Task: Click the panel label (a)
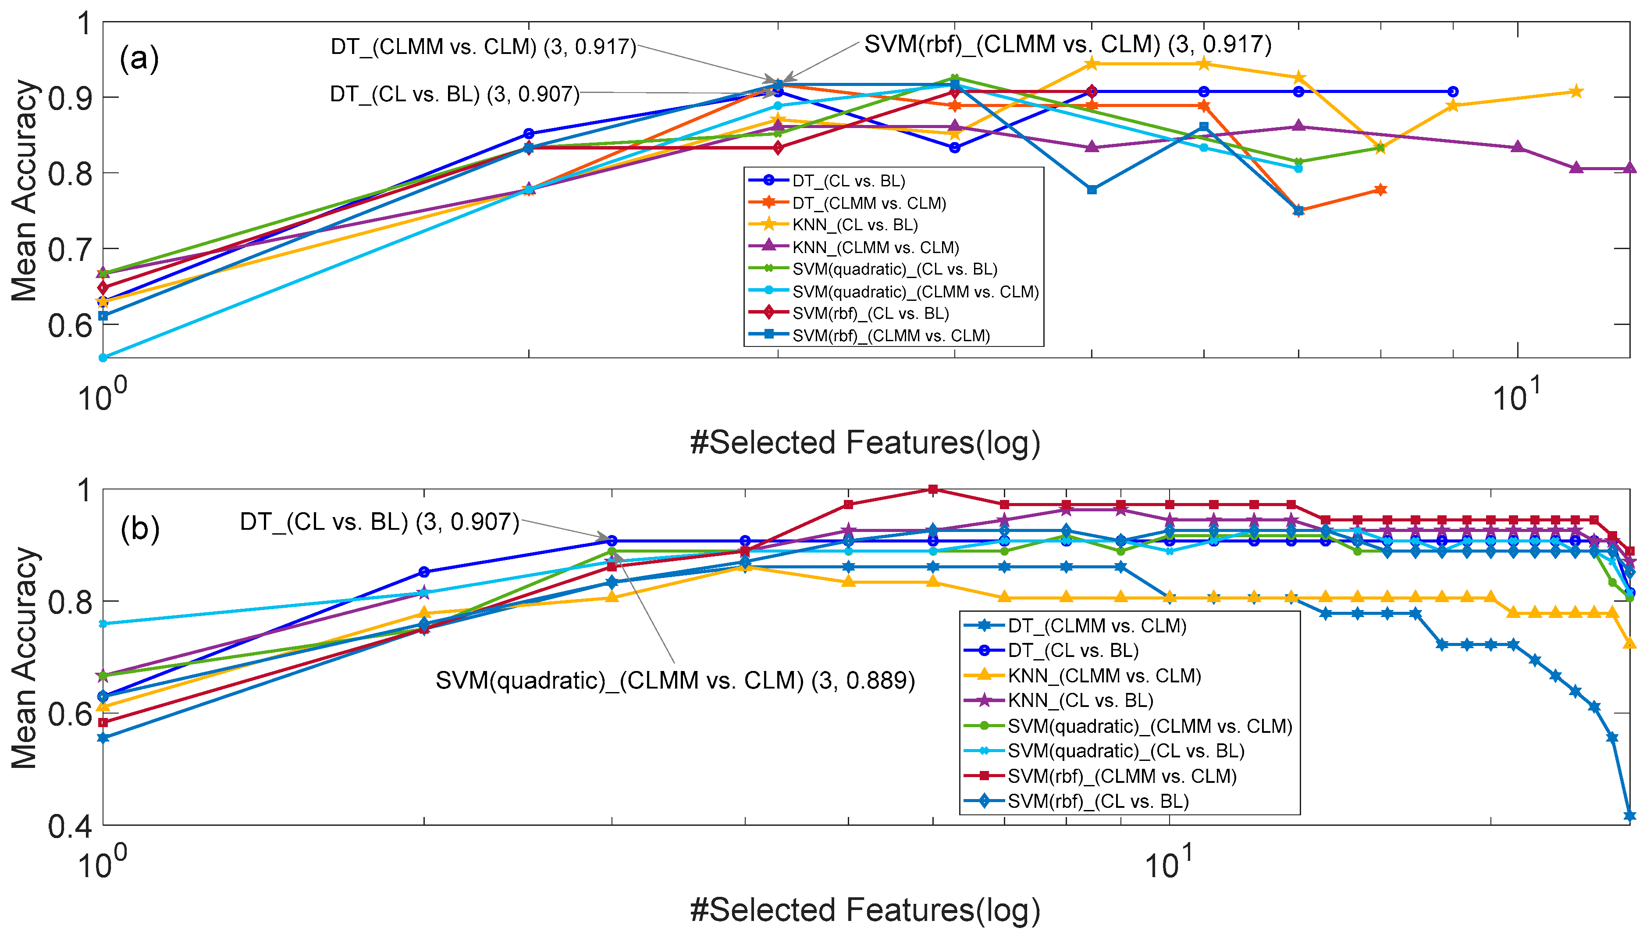(x=139, y=59)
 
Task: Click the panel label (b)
(x=139, y=529)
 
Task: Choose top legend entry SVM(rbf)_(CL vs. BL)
(x=870, y=314)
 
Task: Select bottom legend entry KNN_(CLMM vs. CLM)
(x=1104, y=675)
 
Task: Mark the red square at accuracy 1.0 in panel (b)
(x=933, y=489)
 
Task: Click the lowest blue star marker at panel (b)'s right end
(x=1629, y=816)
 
